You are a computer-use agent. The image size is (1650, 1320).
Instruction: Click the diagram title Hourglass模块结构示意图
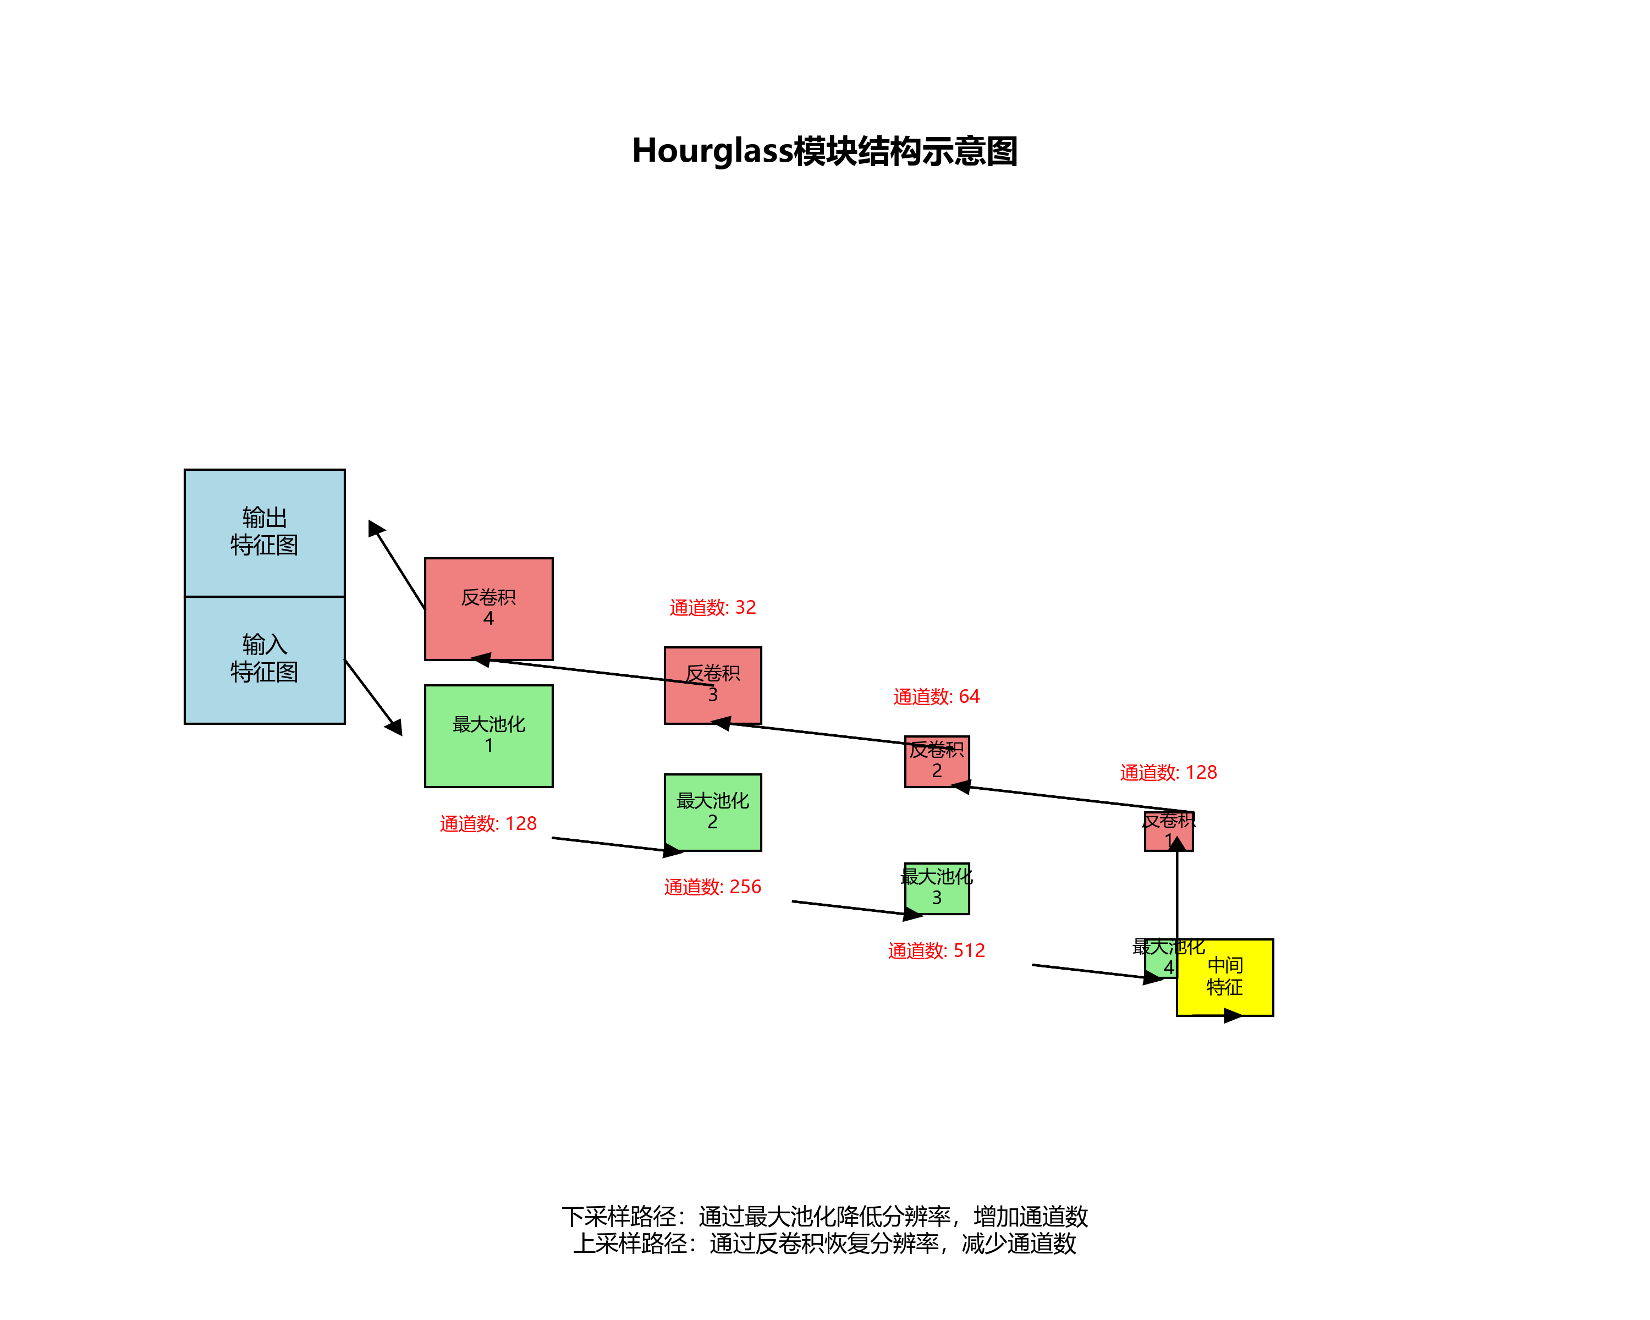(824, 151)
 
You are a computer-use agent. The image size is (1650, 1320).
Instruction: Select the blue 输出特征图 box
(264, 532)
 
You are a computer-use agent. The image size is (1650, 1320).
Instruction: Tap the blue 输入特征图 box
(264, 659)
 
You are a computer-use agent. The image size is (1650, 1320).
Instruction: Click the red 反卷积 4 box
(488, 608)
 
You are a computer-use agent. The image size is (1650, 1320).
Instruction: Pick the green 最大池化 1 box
(488, 735)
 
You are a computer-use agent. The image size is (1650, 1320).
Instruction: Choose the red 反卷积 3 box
(712, 685)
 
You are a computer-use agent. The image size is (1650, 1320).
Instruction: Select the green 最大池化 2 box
(712, 812)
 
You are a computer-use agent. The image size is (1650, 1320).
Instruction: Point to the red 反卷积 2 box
(936, 761)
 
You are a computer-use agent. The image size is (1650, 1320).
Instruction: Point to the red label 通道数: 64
(936, 696)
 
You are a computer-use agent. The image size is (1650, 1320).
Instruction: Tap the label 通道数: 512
(936, 950)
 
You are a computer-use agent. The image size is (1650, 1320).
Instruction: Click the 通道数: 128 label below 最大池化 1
(488, 823)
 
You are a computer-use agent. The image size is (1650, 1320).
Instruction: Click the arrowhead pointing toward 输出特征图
(375, 528)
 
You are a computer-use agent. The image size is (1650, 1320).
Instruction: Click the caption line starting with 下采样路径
(824, 1216)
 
